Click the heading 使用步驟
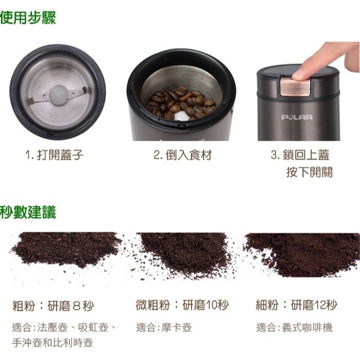pyautogui.click(x=28, y=18)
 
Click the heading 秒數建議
pyautogui.click(x=28, y=211)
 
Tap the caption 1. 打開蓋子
pyautogui.click(x=55, y=155)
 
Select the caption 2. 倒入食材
pyautogui.click(x=183, y=155)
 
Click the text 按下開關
pyautogui.click(x=309, y=172)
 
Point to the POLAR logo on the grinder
pyautogui.click(x=297, y=117)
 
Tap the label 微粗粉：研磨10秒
pyautogui.click(x=182, y=305)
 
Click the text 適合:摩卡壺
pyautogui.click(x=164, y=328)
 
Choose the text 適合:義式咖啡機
pyautogui.click(x=294, y=328)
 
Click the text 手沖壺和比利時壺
pyautogui.click(x=53, y=342)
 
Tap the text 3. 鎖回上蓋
pyautogui.click(x=300, y=155)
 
